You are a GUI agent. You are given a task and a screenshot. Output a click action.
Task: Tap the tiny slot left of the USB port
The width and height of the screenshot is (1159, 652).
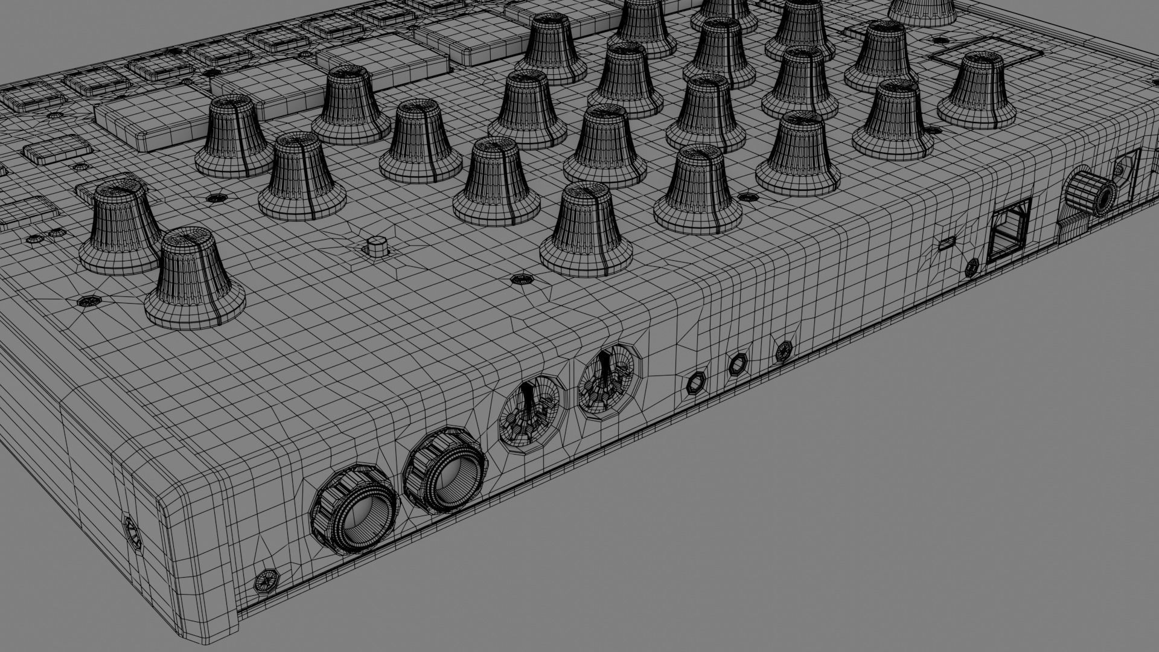pyautogui.click(x=945, y=243)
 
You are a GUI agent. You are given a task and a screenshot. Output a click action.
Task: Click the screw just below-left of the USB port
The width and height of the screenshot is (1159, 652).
pyautogui.click(x=972, y=267)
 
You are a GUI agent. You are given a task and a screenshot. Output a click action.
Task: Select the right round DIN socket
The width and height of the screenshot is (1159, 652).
pyautogui.click(x=607, y=380)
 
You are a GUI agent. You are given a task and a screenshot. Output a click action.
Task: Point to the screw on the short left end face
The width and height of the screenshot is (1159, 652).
pyautogui.click(x=132, y=531)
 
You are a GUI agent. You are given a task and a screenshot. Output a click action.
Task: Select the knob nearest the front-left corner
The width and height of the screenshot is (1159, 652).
pyautogui.click(x=194, y=281)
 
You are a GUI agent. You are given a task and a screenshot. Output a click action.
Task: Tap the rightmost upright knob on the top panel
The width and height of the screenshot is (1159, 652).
pyautogui.click(x=976, y=90)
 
